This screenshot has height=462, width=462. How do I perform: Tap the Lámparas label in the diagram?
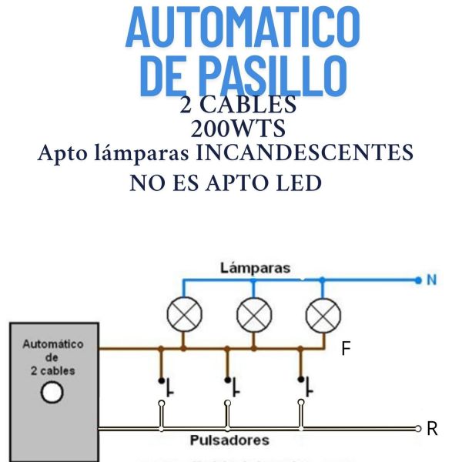coord(255,269)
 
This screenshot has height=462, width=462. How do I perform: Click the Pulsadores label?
coord(229,440)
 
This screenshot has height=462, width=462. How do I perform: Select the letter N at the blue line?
coord(432,280)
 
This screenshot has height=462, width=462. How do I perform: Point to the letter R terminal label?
coord(432,429)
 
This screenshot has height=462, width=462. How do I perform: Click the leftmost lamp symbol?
coord(183,314)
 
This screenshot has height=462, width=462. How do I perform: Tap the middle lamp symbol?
coord(253,314)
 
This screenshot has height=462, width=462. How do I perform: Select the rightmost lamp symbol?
coord(323,314)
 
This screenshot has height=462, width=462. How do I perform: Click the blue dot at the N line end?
coord(418,280)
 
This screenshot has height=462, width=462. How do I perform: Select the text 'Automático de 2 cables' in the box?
coord(53,357)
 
